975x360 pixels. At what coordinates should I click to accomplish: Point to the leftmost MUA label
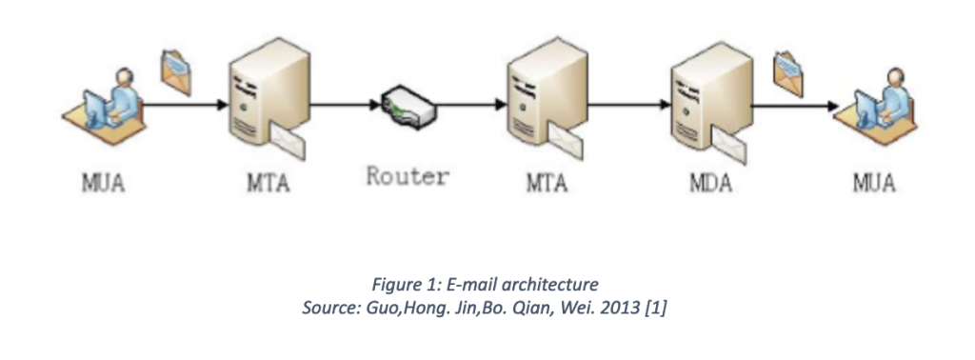(100, 181)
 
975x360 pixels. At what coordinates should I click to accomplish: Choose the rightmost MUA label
(871, 181)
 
